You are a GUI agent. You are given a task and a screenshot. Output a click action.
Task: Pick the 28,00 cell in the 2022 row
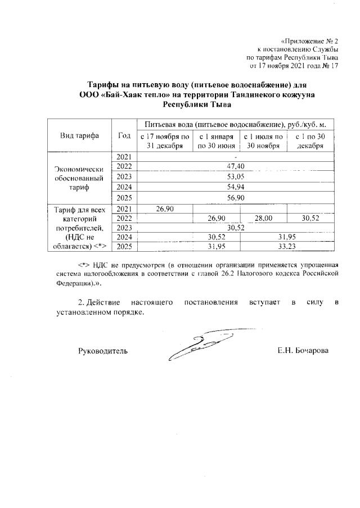click(263, 218)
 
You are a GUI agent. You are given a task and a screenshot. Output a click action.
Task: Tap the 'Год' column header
click(124, 136)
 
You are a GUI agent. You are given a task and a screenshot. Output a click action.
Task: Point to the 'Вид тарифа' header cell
click(79, 136)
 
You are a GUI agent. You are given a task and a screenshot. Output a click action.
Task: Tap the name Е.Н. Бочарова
click(303, 351)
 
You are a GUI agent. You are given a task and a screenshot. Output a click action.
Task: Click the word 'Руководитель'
click(102, 351)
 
